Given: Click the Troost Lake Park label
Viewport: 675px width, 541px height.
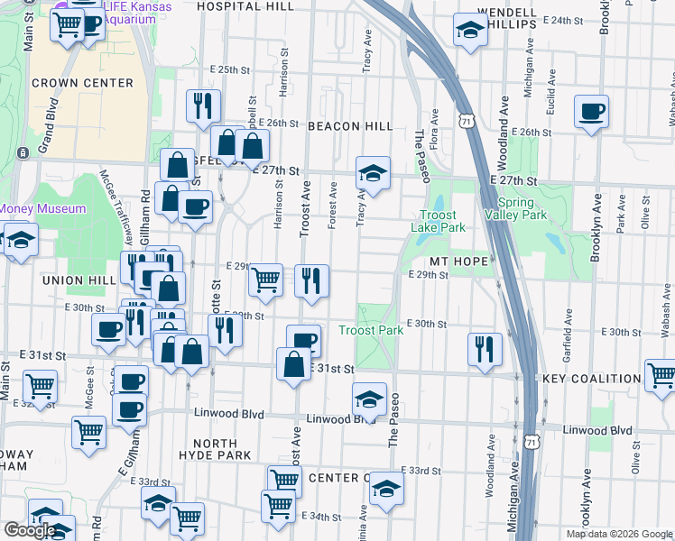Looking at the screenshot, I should coord(442,222).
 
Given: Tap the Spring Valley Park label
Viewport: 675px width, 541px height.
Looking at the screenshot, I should coord(515,208).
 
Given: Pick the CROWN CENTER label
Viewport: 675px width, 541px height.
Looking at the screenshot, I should coord(82,83).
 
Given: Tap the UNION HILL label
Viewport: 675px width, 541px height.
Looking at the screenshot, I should coord(80,280).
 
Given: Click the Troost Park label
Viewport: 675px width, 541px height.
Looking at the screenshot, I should coord(371,331).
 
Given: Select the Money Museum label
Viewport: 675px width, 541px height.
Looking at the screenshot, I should coord(42,209).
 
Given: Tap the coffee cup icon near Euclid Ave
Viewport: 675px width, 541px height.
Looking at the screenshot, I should coord(592,112).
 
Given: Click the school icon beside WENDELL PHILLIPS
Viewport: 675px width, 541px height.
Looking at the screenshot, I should coord(469,31).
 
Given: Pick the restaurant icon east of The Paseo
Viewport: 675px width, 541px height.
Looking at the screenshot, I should coord(485,349).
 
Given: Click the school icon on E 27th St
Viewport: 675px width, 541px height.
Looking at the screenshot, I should coord(372,170).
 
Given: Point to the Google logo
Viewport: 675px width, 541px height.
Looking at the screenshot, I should coord(31,530).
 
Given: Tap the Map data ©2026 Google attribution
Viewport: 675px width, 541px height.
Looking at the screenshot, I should coord(618,534).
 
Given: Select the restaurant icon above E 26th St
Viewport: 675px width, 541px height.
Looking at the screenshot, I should coord(203,105).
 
